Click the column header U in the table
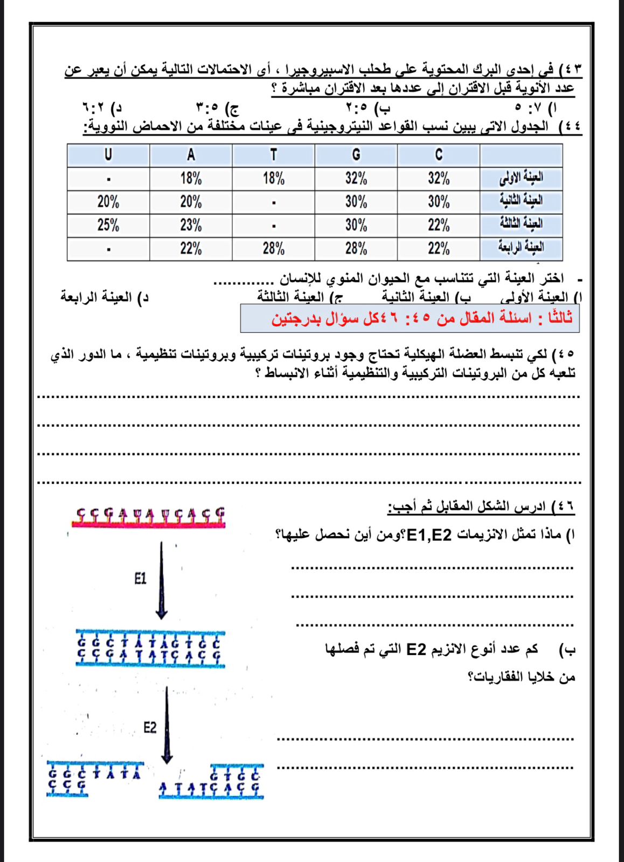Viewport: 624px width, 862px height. pos(108,155)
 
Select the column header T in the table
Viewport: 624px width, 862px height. pos(273,155)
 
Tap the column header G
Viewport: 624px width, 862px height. pos(356,155)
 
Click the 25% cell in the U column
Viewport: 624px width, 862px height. pos(108,225)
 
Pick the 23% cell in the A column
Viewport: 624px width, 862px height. pos(191,225)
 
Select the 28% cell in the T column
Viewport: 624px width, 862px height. pos(273,249)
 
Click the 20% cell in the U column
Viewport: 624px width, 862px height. pos(108,202)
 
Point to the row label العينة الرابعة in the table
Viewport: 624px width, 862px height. pos(521,248)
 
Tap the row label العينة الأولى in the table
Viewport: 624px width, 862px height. pos(521,178)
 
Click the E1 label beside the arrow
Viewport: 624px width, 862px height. pos(140,579)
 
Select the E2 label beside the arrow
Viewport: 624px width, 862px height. pos(150,728)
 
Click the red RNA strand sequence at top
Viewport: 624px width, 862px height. pos(149,516)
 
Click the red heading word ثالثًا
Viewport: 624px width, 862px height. pos(556,318)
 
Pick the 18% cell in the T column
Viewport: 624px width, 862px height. pos(273,178)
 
